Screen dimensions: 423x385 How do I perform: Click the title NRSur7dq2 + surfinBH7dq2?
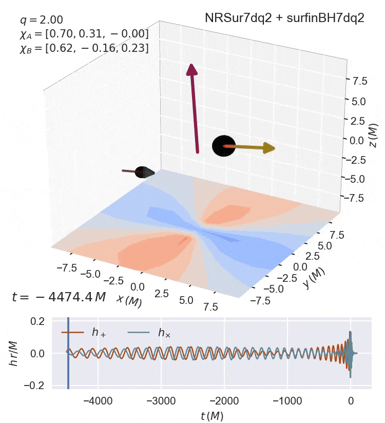284,18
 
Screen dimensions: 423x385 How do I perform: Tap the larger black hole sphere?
224,146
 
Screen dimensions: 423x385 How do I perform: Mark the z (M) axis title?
374,134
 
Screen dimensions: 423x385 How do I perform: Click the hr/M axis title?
14,353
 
